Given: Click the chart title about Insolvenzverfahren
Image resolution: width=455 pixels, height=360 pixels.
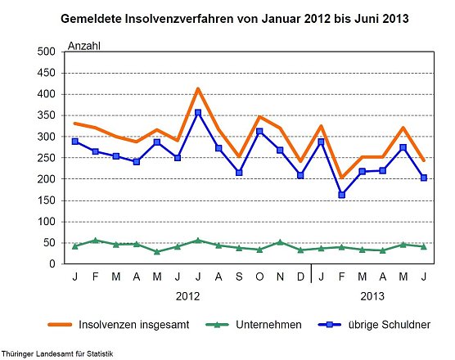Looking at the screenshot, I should [x=236, y=16].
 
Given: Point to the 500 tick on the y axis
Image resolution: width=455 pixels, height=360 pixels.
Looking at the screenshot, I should [x=45, y=52].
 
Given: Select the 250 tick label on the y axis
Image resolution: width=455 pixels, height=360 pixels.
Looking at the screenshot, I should [x=45, y=158].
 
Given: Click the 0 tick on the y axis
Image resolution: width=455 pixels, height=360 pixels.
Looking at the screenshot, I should [x=51, y=264].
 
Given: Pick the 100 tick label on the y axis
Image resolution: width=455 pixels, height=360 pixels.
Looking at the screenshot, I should [x=45, y=222].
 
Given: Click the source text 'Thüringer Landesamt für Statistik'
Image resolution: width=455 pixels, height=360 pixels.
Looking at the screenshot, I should [x=57, y=353].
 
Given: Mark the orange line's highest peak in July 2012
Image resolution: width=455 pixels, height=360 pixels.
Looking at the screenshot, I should [x=198, y=88].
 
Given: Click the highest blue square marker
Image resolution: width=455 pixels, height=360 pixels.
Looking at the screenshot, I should [x=198, y=112].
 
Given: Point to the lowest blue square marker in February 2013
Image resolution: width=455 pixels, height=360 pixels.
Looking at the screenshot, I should [x=342, y=195].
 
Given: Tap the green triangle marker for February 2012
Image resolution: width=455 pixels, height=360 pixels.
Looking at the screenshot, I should [x=96, y=241].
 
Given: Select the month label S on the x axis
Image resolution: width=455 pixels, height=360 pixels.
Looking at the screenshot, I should [x=239, y=277].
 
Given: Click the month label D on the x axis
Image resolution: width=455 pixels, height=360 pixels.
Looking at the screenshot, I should [x=300, y=277].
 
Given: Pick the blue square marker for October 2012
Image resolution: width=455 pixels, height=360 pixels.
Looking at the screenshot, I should [x=259, y=132].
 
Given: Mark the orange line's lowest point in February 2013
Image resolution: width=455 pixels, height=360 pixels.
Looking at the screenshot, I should [x=342, y=178].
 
